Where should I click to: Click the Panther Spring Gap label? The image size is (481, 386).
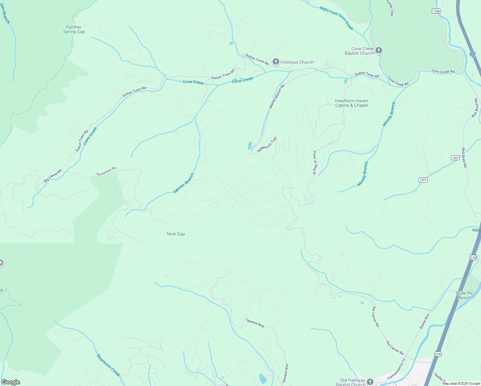click(x=74, y=30)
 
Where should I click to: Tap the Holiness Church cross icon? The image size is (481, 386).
click(x=276, y=62)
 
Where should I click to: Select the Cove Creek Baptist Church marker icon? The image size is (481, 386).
click(x=379, y=51)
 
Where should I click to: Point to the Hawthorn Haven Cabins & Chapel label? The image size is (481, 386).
click(x=351, y=103)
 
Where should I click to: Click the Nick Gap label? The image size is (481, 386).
click(x=176, y=234)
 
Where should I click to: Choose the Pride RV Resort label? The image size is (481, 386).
click(x=464, y=295)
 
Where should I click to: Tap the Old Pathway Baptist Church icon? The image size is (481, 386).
click(x=370, y=381)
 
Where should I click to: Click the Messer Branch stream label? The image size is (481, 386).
click(x=184, y=183)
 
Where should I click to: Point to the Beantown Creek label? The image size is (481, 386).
click(x=108, y=365)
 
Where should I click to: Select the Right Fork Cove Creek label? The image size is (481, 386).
click(x=336, y=18)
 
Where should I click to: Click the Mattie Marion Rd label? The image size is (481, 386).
click(x=277, y=96)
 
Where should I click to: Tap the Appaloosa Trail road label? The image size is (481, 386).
click(x=267, y=145)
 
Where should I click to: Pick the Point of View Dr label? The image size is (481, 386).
click(x=315, y=163)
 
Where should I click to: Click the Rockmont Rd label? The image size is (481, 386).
click(x=106, y=171)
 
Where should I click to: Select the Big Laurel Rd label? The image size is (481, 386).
click(x=52, y=176)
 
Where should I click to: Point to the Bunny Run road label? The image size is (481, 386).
click(x=424, y=321)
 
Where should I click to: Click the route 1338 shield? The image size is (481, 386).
click(x=436, y=11)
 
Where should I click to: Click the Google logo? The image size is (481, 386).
click(x=11, y=382)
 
